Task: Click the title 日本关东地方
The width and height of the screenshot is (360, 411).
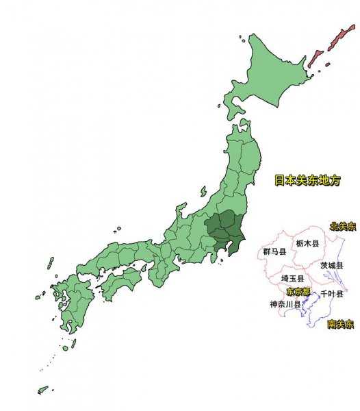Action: (307, 181)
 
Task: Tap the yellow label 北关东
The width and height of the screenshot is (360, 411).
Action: (342, 226)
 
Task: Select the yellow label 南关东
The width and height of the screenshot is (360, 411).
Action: (340, 323)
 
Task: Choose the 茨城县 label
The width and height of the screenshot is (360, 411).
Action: (332, 265)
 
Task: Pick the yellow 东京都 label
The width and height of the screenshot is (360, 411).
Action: (298, 292)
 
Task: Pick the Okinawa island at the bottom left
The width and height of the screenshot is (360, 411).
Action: (42, 390)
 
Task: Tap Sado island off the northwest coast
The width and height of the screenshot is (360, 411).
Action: (203, 192)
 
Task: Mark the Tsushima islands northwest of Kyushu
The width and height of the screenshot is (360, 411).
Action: (50, 263)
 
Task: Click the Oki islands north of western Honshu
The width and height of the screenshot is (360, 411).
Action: (118, 229)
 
